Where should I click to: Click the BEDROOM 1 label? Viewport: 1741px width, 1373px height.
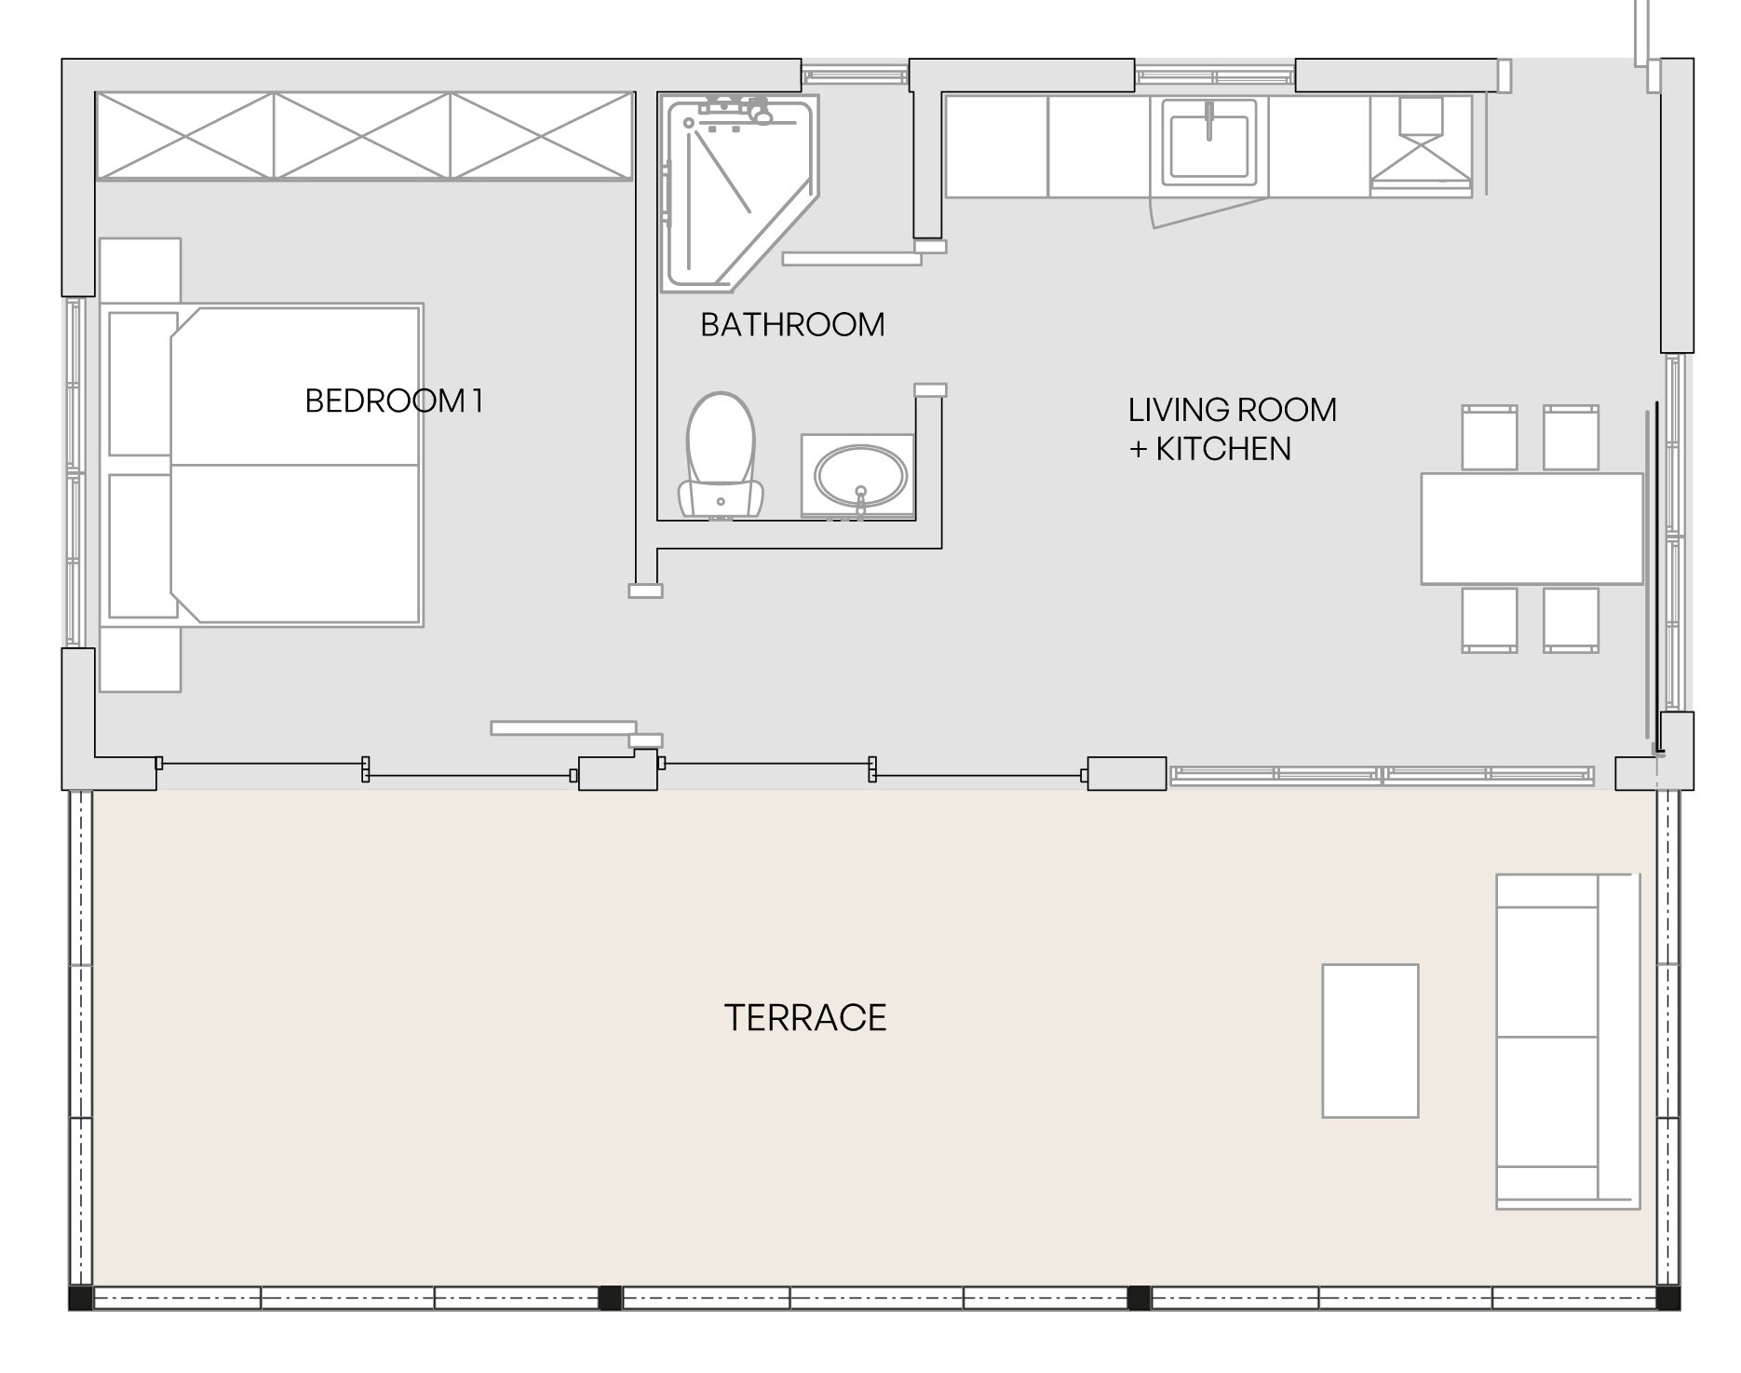(x=394, y=401)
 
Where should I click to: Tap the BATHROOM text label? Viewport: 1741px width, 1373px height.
(x=792, y=325)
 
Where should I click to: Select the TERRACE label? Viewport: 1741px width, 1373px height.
(x=805, y=1018)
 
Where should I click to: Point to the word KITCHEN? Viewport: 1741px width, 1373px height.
(x=1223, y=449)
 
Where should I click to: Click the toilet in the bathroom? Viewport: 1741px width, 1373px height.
(x=720, y=455)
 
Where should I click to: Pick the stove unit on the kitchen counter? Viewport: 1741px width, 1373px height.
(x=1421, y=145)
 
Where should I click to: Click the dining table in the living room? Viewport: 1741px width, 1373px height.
(x=1532, y=529)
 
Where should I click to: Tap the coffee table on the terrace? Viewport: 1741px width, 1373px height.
(x=1370, y=1040)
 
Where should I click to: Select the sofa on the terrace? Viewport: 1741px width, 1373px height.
(x=1568, y=1041)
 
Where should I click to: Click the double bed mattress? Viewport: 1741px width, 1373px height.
(x=296, y=465)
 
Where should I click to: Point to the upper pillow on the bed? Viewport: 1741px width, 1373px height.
(x=142, y=384)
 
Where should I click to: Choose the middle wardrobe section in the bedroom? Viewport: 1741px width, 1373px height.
(x=363, y=135)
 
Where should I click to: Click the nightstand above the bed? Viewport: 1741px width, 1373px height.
(x=140, y=271)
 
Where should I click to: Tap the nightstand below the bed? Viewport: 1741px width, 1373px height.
(x=140, y=659)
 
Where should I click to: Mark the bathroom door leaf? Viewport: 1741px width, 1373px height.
(x=852, y=258)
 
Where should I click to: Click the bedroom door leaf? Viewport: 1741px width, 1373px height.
(x=563, y=727)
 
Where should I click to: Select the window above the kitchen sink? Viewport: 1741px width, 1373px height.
(x=1215, y=76)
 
